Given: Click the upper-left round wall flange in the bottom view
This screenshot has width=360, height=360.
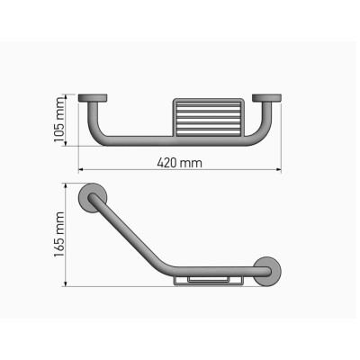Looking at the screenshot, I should coord(94,200).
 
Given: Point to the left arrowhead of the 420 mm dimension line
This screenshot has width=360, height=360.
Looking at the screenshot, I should coord(81,170).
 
